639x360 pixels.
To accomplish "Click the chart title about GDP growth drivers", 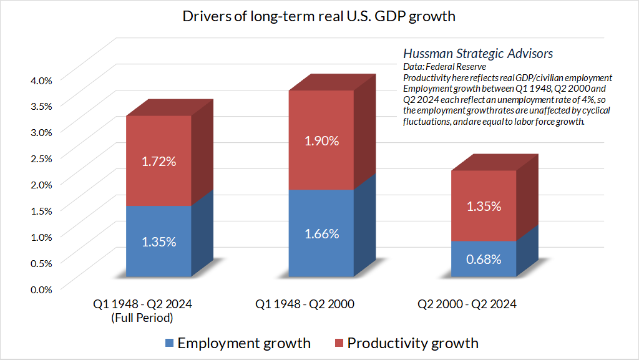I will coord(319,16).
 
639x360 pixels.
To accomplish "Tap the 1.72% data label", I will coord(159,161).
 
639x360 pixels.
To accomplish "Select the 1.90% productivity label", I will coord(321,140).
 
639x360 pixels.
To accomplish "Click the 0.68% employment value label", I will coord(484,258).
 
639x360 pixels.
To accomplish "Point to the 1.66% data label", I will coord(321,234).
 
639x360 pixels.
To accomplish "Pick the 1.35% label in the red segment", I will coord(484,206).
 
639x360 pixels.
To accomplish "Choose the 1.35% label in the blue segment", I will coord(159,241).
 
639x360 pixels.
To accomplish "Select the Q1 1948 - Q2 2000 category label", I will coord(305,304).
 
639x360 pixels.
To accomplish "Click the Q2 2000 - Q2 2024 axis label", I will coord(467,304).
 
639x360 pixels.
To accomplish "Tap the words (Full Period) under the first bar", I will coord(143,318).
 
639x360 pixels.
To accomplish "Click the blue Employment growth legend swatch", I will coord(169,343).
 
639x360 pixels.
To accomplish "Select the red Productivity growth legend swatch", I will coord(339,343).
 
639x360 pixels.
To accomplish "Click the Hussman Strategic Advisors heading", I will coord(478,54).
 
